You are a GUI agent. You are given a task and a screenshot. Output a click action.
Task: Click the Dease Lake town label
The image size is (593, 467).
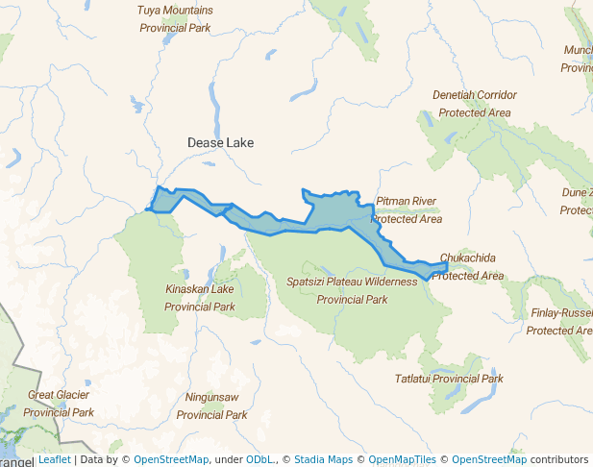(x=220, y=142)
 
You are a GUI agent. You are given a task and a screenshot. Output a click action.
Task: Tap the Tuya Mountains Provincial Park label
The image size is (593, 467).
(x=175, y=19)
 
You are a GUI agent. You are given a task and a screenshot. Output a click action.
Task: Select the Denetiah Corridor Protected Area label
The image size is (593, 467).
(x=474, y=104)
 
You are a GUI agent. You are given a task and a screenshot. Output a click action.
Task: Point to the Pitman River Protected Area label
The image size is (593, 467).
(x=407, y=209)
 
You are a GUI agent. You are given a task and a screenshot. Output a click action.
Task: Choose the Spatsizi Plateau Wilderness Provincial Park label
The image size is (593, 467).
(x=352, y=290)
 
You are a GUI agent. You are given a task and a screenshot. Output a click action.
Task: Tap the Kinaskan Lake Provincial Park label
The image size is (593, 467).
(x=199, y=298)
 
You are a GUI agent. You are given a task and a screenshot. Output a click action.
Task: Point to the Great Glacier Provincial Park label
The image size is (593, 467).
(x=59, y=404)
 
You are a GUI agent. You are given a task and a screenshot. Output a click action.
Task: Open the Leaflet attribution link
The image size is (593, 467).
(x=54, y=460)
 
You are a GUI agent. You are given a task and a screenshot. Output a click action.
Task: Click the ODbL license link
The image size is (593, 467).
(x=259, y=460)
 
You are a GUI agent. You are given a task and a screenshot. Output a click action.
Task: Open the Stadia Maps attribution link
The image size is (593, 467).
(x=323, y=460)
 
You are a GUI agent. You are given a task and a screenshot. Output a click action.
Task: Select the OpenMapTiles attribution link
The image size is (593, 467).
(x=403, y=460)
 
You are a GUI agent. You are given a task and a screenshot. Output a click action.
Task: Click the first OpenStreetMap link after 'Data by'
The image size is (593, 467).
(x=171, y=460)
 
